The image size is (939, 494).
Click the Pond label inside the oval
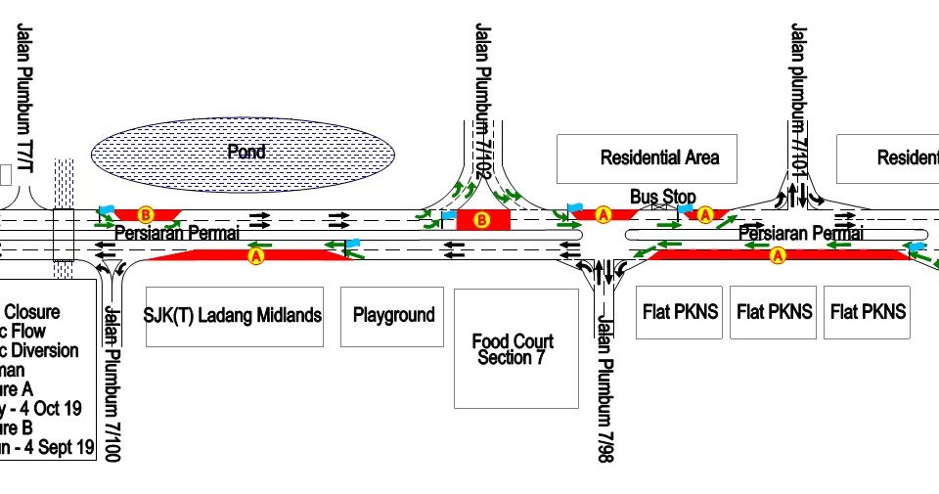(246, 152)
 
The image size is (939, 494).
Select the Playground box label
(393, 315)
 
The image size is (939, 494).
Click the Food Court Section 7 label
(513, 349)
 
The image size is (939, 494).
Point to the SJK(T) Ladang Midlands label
(233, 315)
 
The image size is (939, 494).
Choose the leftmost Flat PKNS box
(680, 312)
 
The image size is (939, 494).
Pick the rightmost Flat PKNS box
(868, 312)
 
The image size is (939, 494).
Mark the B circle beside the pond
(146, 213)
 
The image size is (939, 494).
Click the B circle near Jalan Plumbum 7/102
(481, 220)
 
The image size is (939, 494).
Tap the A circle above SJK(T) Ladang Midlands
(257, 256)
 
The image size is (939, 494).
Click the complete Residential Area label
(659, 157)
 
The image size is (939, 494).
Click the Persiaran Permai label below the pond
(176, 234)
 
